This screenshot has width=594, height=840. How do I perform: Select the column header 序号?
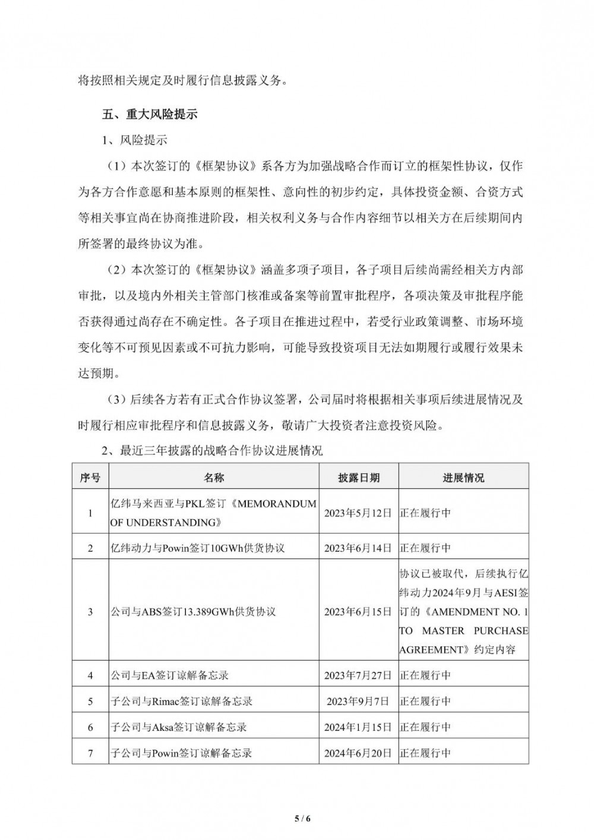(90, 478)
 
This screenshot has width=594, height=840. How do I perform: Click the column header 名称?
(214, 478)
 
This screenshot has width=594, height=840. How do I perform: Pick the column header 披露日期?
(359, 478)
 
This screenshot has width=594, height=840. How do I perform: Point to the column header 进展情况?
(463, 478)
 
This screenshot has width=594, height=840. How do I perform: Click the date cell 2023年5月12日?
(358, 512)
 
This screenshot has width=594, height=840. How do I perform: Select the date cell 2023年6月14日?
(358, 548)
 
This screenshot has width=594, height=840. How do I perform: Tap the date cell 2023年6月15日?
(358, 611)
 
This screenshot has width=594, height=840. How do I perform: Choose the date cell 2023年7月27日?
(358, 675)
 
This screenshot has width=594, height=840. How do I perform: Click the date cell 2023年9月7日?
(358, 702)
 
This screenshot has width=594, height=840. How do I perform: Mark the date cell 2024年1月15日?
(358, 727)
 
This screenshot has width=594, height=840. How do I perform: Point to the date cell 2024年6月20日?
(358, 753)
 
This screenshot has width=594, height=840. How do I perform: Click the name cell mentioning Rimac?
(182, 702)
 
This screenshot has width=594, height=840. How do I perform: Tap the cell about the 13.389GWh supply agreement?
(194, 611)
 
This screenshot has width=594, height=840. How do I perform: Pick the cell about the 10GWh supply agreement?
(198, 548)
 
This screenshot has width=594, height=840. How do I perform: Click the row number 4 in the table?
(90, 675)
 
